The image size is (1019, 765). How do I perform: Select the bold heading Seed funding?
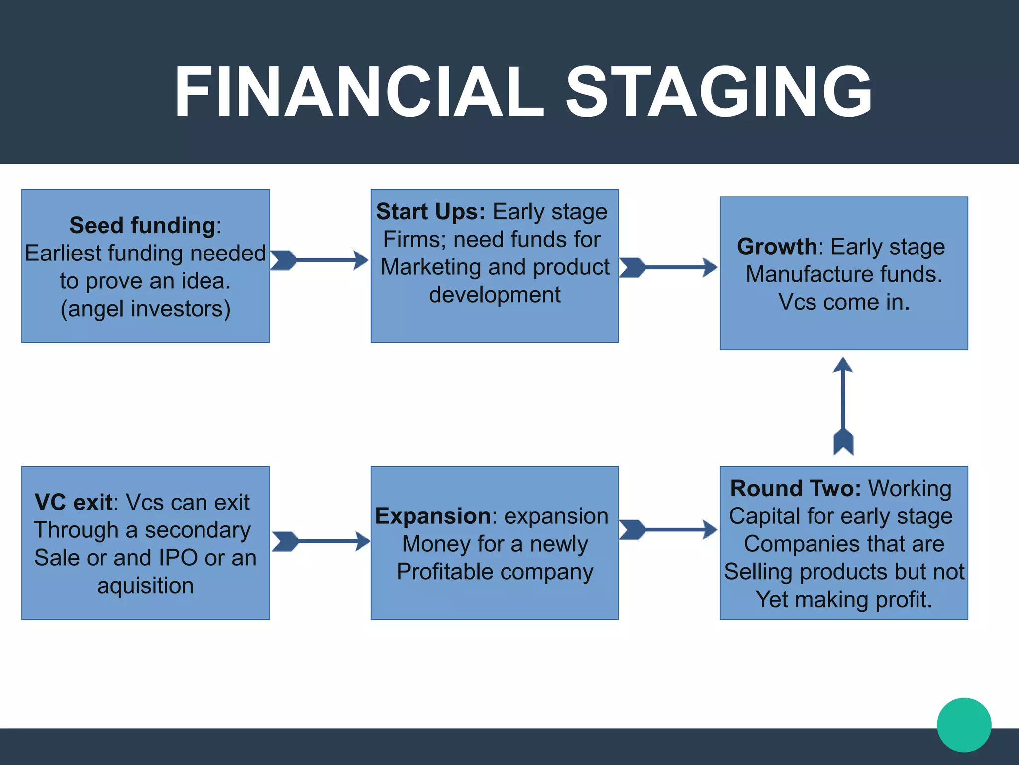(x=142, y=226)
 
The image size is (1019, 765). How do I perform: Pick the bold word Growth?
(x=777, y=247)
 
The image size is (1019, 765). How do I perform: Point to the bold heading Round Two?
(x=795, y=489)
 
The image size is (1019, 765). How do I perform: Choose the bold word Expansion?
(x=433, y=516)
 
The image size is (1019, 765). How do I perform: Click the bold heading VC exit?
(x=74, y=503)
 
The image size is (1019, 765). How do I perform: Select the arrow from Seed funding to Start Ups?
(x=319, y=260)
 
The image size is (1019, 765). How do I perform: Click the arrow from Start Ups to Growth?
(x=668, y=267)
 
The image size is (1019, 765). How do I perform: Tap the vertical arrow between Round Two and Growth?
(x=843, y=406)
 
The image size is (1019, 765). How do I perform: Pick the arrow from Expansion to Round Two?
(x=668, y=530)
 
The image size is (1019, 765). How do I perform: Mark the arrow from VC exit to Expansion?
(x=321, y=541)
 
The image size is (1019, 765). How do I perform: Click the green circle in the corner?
(x=964, y=725)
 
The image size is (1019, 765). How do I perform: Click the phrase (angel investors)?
(x=145, y=309)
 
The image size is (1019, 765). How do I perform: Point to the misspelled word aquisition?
(x=145, y=586)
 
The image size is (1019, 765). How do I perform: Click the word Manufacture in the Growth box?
(x=809, y=274)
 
